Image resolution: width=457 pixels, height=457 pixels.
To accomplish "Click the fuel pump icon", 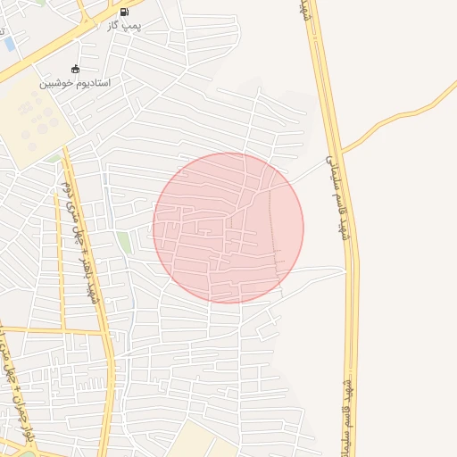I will (x=123, y=12).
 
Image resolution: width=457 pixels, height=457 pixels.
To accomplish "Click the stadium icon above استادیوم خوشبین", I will (x=75, y=70).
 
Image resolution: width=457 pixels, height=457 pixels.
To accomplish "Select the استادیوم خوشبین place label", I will (x=74, y=83).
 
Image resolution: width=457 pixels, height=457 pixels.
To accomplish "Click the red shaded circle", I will (x=228, y=228).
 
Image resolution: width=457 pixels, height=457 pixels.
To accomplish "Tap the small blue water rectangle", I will (x=9, y=42).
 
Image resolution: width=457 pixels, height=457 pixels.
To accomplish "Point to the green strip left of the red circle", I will (x=124, y=242).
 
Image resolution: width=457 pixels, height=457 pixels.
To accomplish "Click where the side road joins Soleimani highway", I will (x=341, y=152).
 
